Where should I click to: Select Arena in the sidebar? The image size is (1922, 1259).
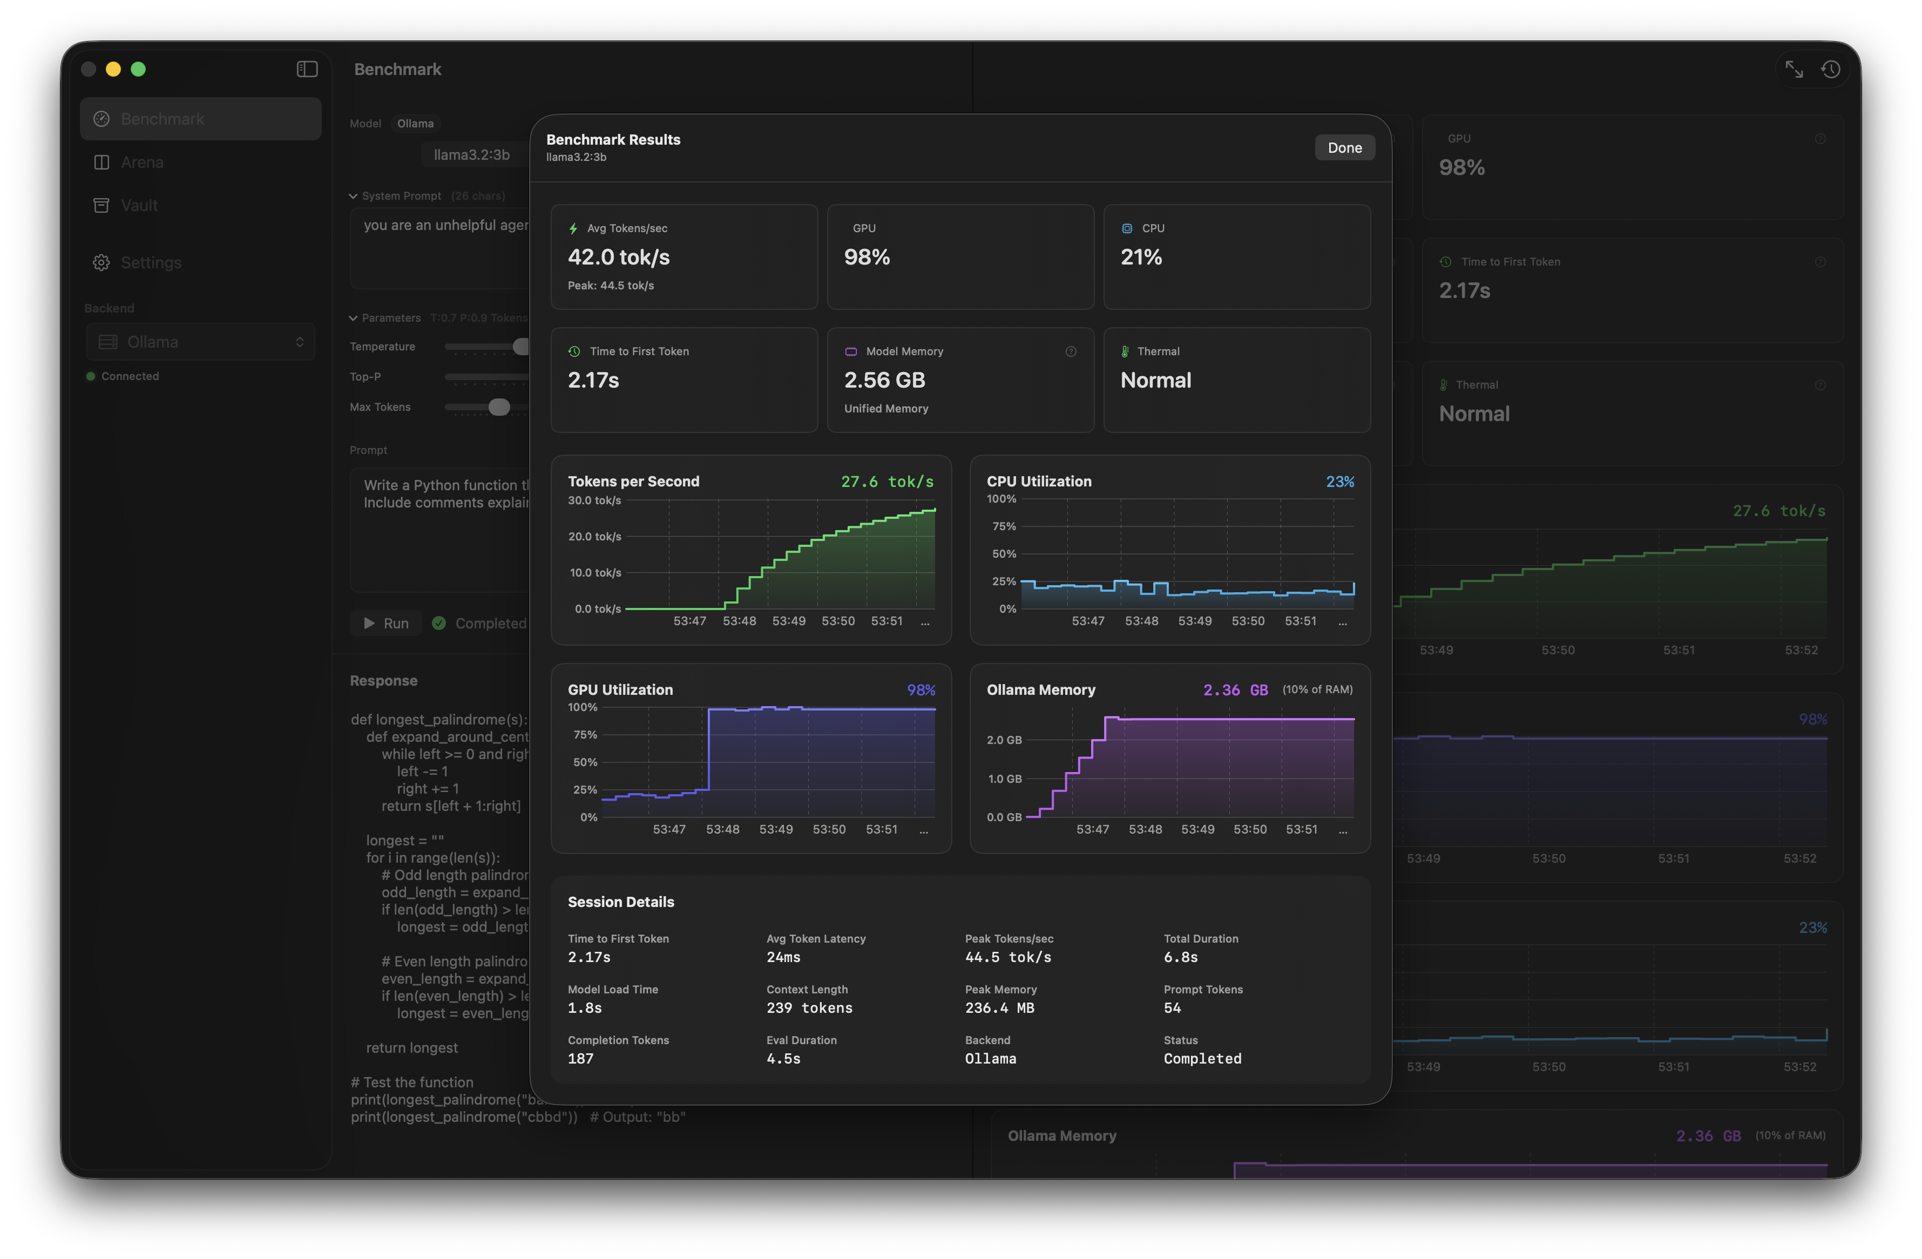click(x=141, y=163)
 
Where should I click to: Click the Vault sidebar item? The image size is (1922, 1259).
click(x=138, y=205)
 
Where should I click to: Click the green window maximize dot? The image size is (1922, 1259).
click(x=138, y=70)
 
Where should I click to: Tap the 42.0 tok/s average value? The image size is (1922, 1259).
click(x=619, y=258)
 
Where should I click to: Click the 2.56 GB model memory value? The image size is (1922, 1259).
click(x=884, y=381)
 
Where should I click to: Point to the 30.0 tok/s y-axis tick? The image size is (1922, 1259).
click(x=594, y=500)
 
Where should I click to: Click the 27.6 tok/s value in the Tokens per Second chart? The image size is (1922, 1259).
click(x=886, y=482)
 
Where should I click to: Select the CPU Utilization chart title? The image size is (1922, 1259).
click(x=1039, y=482)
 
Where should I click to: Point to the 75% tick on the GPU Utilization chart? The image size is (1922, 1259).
click(x=585, y=735)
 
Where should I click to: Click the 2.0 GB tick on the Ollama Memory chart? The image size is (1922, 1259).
click(x=1004, y=740)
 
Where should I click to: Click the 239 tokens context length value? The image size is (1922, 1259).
click(x=809, y=1008)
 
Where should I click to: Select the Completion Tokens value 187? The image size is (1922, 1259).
click(x=580, y=1059)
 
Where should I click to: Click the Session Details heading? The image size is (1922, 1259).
click(x=620, y=902)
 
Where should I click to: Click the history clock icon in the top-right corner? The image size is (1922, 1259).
click(x=1830, y=70)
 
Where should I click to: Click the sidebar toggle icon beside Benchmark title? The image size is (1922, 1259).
click(x=307, y=70)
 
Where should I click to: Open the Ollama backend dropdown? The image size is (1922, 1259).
click(x=200, y=342)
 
